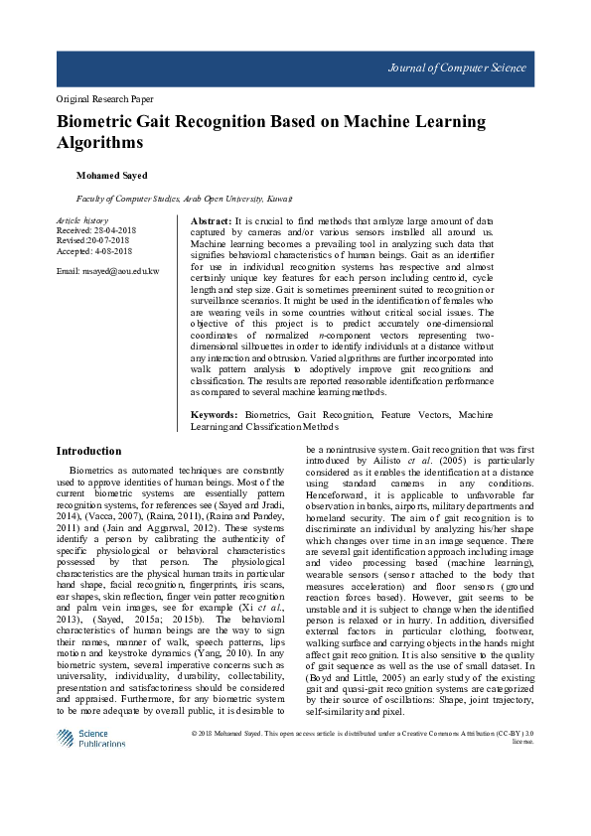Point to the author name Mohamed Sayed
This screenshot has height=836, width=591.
[x=112, y=176]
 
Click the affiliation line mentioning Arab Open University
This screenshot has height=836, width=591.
[x=184, y=199]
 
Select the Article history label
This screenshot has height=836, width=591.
[x=82, y=219]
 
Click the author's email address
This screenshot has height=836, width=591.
[x=107, y=271]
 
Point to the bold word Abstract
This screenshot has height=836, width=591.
[x=210, y=219]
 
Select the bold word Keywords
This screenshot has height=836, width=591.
[x=214, y=413]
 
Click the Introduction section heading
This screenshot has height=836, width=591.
[x=88, y=451]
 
